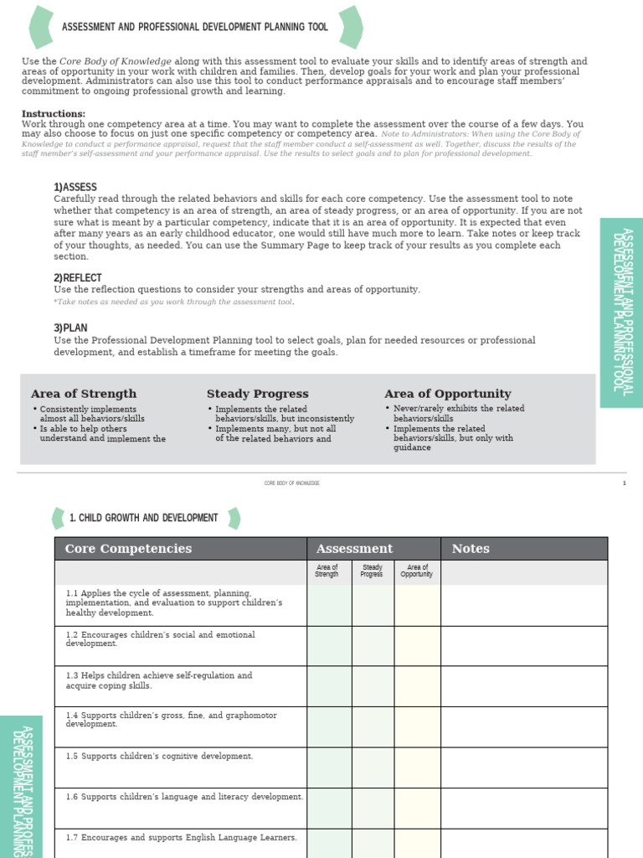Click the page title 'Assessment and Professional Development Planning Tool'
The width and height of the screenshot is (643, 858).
[x=194, y=27]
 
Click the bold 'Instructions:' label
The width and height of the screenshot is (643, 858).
[x=53, y=114]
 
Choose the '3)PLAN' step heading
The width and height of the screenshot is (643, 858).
[x=70, y=328]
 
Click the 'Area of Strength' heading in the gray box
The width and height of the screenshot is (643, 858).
[x=83, y=394]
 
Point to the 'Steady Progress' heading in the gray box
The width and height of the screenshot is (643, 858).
[x=257, y=394]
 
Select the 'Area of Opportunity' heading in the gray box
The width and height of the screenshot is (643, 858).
[x=447, y=394]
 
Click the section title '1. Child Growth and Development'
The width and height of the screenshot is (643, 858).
[x=144, y=518]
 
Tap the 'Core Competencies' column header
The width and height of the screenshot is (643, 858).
[x=128, y=549]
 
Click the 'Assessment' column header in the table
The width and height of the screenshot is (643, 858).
[x=354, y=549]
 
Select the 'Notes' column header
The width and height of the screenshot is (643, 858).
[x=471, y=549]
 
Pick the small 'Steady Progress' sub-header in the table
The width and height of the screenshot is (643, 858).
[x=372, y=571]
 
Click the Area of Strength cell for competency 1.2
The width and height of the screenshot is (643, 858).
[x=329, y=645]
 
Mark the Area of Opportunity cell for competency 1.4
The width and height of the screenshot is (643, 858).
[x=417, y=726]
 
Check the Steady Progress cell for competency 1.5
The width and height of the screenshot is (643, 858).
[x=372, y=767]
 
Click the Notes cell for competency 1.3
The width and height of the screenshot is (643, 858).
[x=523, y=686]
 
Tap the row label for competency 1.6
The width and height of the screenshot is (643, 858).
[x=184, y=797]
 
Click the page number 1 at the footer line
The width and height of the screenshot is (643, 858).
[x=624, y=483]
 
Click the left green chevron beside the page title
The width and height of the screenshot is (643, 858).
[x=41, y=27]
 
